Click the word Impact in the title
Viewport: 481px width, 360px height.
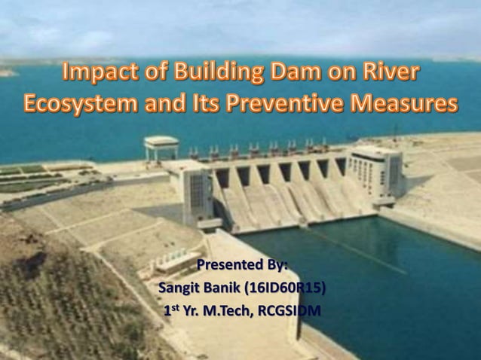click(97, 74)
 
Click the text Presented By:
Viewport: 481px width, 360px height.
click(242, 265)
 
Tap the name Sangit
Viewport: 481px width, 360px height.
click(179, 288)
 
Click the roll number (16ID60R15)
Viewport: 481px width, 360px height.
click(291, 288)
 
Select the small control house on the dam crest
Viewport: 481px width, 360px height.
click(161, 146)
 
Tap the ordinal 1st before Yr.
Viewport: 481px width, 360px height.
click(172, 310)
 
